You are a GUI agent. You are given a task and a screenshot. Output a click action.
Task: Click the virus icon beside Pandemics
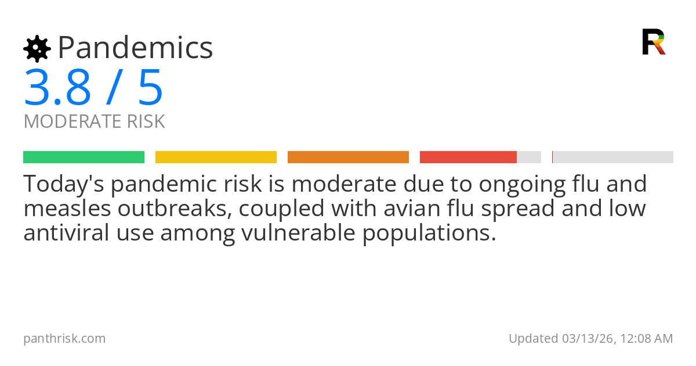click(37, 49)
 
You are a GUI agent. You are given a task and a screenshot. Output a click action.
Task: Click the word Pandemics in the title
click(135, 48)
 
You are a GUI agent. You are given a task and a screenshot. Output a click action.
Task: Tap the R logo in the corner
click(653, 42)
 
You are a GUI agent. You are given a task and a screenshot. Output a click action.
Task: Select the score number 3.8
click(57, 88)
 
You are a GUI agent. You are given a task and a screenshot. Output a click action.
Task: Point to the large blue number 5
click(150, 88)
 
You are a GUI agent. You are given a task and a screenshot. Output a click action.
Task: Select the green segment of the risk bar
click(84, 157)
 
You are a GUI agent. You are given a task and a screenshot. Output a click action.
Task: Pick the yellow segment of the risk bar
click(216, 157)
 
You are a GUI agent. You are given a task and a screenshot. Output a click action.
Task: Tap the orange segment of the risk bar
click(348, 157)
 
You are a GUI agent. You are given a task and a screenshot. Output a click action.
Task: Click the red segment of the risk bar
click(468, 157)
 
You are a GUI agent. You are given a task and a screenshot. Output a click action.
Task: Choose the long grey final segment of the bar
click(613, 157)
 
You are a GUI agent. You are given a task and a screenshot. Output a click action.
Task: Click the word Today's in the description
click(63, 184)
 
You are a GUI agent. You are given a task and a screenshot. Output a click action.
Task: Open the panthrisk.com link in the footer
click(64, 339)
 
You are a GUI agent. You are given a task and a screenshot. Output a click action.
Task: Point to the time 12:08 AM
click(645, 339)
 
